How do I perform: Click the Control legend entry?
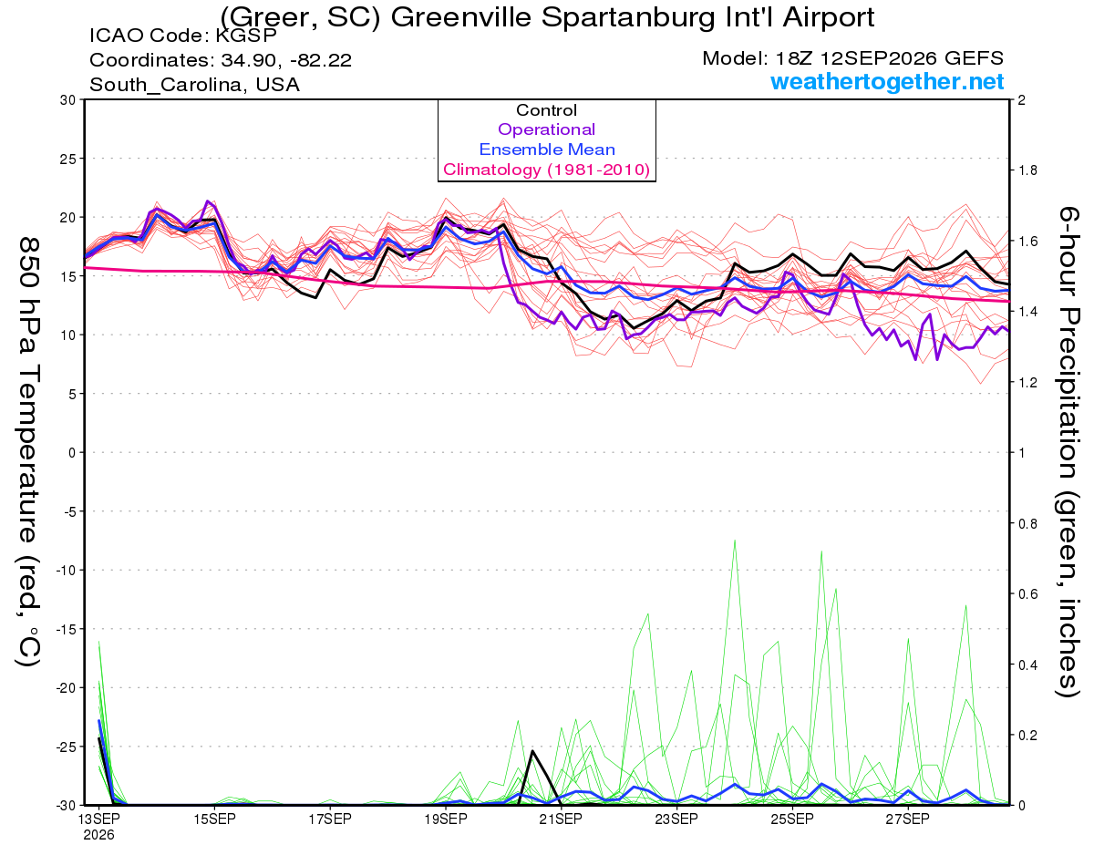pyautogui.click(x=546, y=109)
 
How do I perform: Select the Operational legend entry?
pyautogui.click(x=546, y=129)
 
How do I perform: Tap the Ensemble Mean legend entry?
pyautogui.click(x=547, y=149)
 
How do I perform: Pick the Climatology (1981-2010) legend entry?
pyautogui.click(x=546, y=170)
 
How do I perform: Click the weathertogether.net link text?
pyautogui.click(x=887, y=81)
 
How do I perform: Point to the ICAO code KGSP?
pyautogui.click(x=246, y=36)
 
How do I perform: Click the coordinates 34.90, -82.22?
pyautogui.click(x=286, y=60)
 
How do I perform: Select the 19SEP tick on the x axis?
pyautogui.click(x=446, y=819)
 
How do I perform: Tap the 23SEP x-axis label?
pyautogui.click(x=676, y=819)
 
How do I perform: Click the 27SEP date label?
pyautogui.click(x=908, y=819)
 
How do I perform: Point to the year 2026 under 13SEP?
pyautogui.click(x=98, y=835)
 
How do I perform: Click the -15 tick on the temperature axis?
pyautogui.click(x=66, y=629)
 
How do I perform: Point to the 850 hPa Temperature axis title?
pyautogui.click(x=28, y=452)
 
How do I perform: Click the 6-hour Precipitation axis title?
pyautogui.click(x=1068, y=452)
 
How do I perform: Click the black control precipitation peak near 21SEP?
pyautogui.click(x=532, y=751)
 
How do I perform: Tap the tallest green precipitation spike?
pyautogui.click(x=735, y=541)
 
